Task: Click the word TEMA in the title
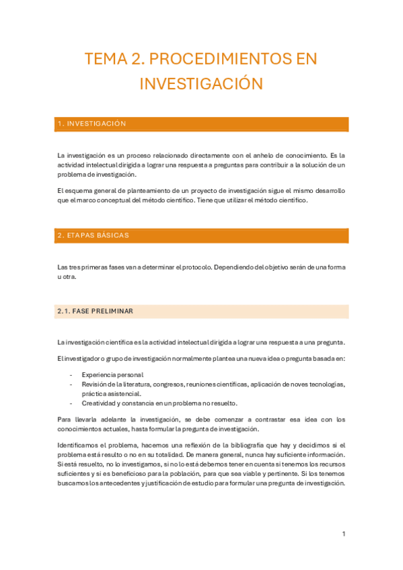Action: coord(104,59)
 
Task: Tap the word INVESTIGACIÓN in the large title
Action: coord(200,83)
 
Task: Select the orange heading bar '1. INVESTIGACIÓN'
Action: coord(203,124)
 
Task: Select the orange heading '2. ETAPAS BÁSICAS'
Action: coord(203,235)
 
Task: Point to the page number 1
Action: coord(343,534)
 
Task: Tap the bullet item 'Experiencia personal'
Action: coord(112,374)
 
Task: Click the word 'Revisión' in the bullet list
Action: coord(96,384)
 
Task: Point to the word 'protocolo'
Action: coord(199,268)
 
